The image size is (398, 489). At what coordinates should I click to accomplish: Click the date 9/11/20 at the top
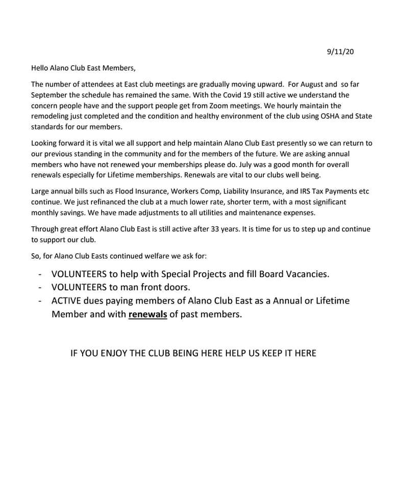coord(340,52)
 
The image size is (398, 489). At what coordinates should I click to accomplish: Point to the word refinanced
coord(97,202)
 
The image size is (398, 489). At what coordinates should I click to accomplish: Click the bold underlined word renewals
coord(147,314)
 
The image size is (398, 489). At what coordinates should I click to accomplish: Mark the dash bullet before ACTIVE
coord(40,301)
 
